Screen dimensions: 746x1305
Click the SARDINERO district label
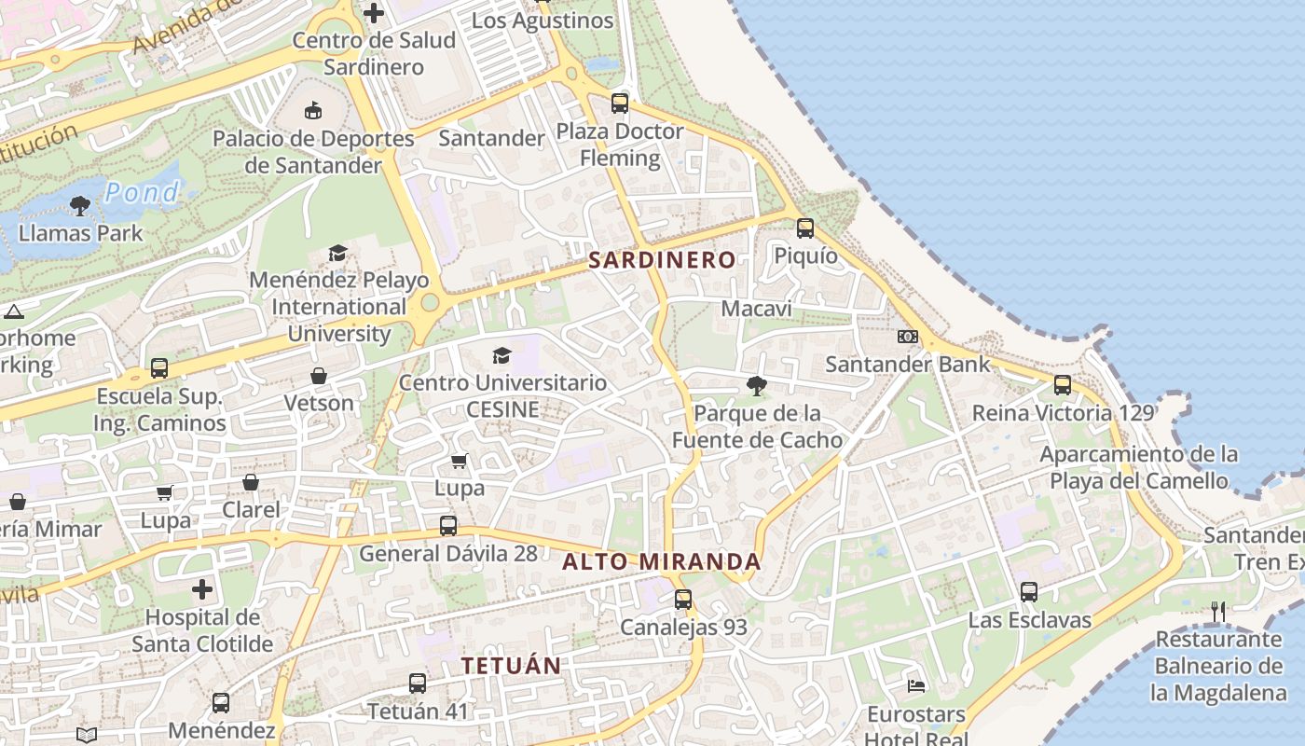click(x=662, y=260)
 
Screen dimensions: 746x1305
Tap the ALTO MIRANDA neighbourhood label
click(x=662, y=562)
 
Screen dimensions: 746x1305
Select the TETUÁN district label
click(x=511, y=666)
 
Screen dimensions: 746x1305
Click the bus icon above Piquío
click(x=805, y=228)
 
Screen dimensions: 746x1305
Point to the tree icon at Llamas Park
click(x=80, y=205)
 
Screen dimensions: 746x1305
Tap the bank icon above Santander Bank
click(x=908, y=337)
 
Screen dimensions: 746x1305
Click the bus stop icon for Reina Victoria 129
click(x=1063, y=384)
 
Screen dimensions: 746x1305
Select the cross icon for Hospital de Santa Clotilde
click(x=202, y=589)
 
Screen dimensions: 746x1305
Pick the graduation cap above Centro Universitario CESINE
click(x=502, y=355)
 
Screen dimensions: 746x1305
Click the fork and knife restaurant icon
click(x=1218, y=612)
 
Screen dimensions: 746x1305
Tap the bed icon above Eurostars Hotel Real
click(x=916, y=686)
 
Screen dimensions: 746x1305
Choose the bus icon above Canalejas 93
click(x=683, y=600)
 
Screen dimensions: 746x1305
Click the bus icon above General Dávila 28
click(x=448, y=525)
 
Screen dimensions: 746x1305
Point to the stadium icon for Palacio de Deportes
click(x=313, y=111)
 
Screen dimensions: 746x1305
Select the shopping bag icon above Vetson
click(x=319, y=376)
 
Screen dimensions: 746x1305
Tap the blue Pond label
click(x=142, y=193)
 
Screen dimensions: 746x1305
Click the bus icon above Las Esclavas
click(x=1029, y=592)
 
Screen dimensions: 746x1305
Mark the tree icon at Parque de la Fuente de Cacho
click(x=757, y=385)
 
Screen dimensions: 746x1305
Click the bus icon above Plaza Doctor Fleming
click(x=620, y=104)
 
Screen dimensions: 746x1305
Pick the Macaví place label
click(x=757, y=309)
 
